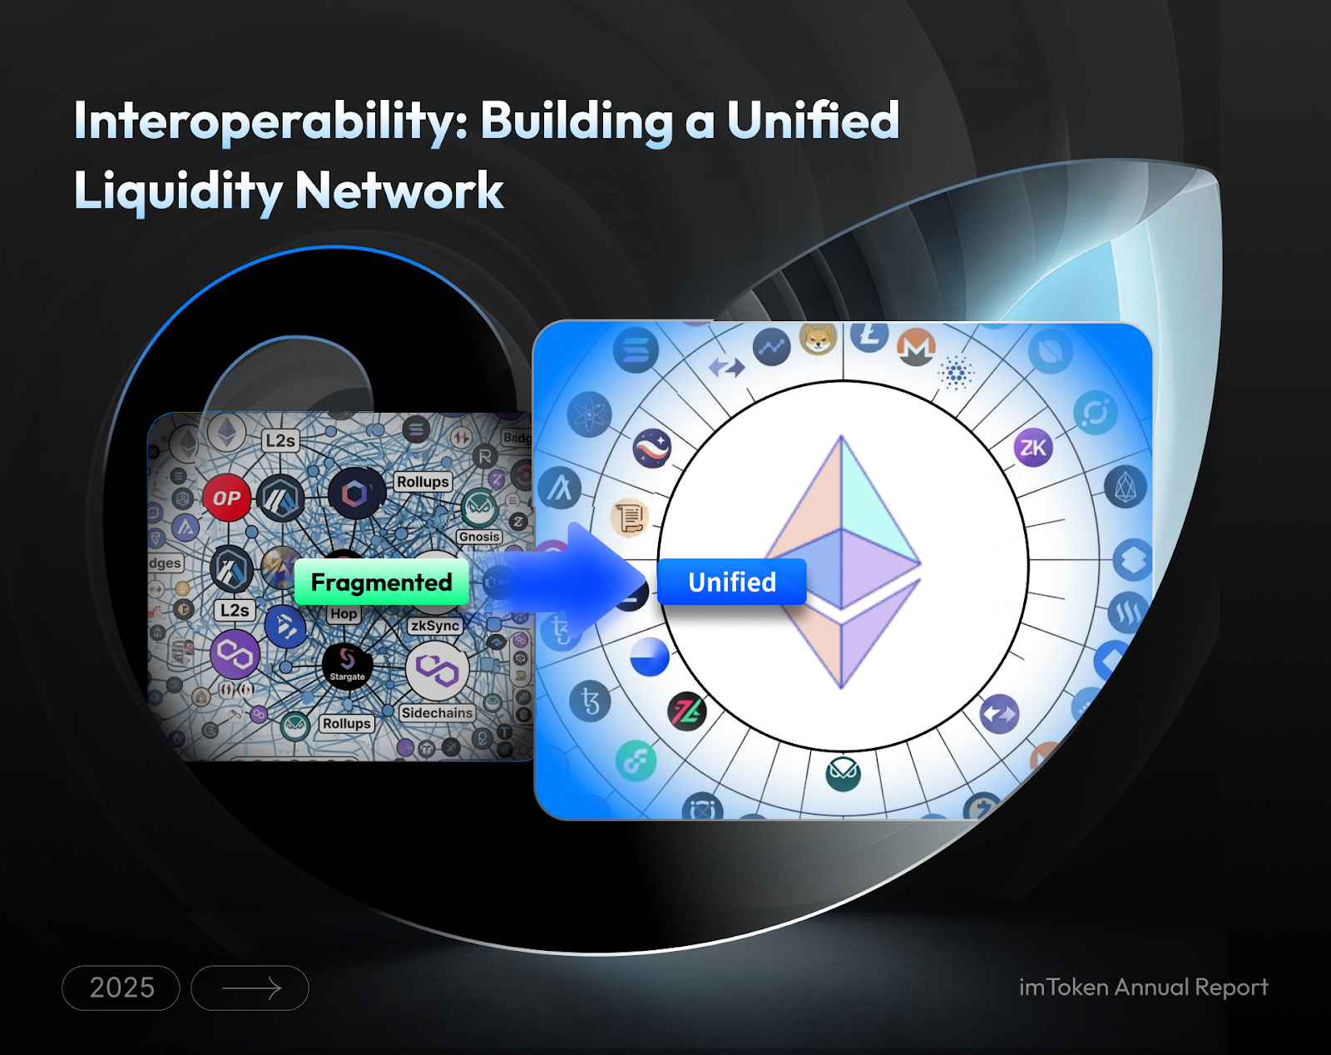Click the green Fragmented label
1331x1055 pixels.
[x=382, y=582]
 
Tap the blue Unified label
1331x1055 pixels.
[x=732, y=582]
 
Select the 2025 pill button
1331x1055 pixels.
[x=121, y=988]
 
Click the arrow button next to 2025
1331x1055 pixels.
[x=250, y=988]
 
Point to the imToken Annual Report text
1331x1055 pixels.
[x=1143, y=987]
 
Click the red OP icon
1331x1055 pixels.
[x=226, y=498]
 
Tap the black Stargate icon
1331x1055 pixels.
[x=347, y=665]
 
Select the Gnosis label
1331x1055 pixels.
[x=479, y=537]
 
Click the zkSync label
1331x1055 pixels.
[x=434, y=626]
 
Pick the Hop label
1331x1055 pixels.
[x=344, y=614]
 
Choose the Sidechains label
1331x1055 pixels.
[x=437, y=713]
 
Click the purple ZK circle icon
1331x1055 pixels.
[x=1033, y=448]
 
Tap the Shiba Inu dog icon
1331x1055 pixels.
[x=819, y=338]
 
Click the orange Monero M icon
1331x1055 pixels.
[x=916, y=347]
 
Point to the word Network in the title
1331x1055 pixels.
[x=399, y=191]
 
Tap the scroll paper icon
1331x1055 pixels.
[x=630, y=518]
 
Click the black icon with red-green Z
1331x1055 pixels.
[x=687, y=711]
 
